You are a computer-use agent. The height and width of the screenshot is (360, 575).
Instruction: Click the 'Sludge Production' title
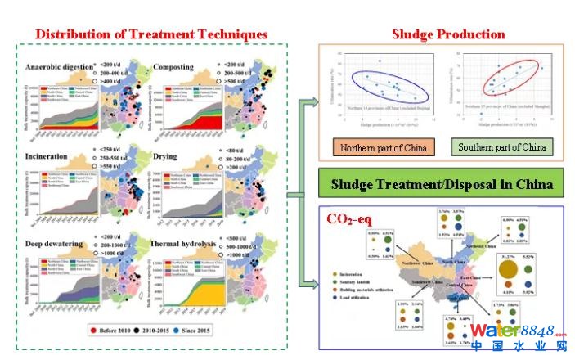pos(448,34)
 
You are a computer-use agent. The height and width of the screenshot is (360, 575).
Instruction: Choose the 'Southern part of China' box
pos(503,148)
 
